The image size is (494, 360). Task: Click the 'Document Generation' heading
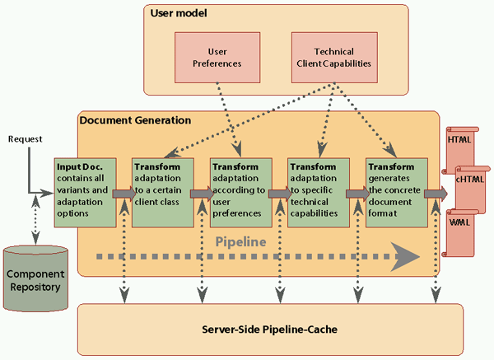coord(135,120)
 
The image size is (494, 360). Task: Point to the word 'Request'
coord(25,139)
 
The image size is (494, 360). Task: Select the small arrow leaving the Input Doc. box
coord(122,194)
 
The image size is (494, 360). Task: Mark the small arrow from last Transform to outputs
coord(438,194)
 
